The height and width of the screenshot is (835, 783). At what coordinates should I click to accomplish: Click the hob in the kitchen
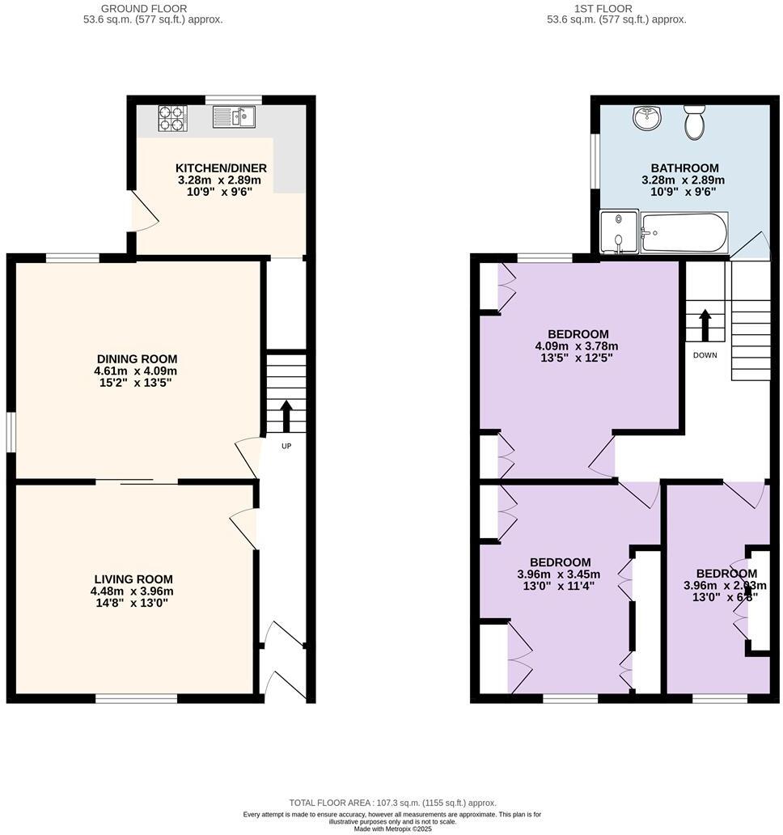172,118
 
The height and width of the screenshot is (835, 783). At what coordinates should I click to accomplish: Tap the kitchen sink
235,118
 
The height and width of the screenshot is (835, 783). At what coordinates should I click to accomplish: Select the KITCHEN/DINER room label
221,168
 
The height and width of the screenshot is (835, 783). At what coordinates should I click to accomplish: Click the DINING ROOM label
137,359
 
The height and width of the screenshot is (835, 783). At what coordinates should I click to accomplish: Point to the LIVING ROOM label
133,579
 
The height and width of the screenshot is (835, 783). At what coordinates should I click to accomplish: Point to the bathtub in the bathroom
684,233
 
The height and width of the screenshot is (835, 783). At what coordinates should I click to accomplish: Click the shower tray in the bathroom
619,233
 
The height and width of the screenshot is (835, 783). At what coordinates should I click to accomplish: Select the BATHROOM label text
684,168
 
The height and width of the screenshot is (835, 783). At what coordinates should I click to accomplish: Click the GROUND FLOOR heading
153,9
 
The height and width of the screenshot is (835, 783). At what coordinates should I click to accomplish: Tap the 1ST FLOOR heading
616,9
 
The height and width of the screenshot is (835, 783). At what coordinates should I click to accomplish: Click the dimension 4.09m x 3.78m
578,345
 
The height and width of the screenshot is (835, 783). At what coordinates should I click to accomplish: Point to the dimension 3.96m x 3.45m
560,574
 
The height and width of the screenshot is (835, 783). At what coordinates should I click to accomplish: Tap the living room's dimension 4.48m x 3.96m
133,591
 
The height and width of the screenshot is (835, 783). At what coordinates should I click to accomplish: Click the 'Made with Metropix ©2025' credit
391,829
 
